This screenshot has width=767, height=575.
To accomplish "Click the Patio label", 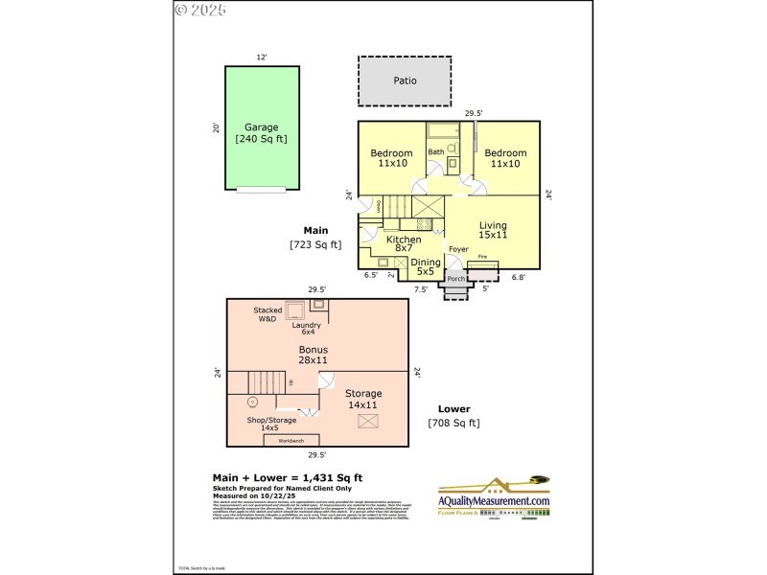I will (x=405, y=80).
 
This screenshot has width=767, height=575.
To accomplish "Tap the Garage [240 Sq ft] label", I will (x=261, y=133).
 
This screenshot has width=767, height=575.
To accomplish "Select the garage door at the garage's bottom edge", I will (x=261, y=190).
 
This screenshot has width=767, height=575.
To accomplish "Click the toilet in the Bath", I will (x=453, y=163).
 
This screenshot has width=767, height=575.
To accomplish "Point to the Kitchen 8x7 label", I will (x=403, y=244).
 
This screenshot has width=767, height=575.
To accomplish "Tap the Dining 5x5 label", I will (x=425, y=266).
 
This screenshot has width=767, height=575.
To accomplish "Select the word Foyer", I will (x=458, y=249).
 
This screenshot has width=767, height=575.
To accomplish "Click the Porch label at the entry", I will (x=456, y=280).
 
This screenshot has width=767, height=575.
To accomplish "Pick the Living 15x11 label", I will (x=493, y=230).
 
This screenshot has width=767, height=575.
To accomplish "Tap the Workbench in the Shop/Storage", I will (x=291, y=440).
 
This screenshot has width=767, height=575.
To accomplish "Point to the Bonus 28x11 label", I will (x=313, y=355).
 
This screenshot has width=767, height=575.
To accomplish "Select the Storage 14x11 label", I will (x=363, y=399).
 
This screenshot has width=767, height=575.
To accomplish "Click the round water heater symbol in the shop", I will (x=253, y=402).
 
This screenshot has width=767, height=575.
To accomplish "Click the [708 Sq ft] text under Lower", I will (x=453, y=423).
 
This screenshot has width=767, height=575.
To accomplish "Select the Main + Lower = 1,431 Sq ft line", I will (x=287, y=477).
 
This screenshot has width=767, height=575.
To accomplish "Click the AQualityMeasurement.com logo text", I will (x=494, y=501).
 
